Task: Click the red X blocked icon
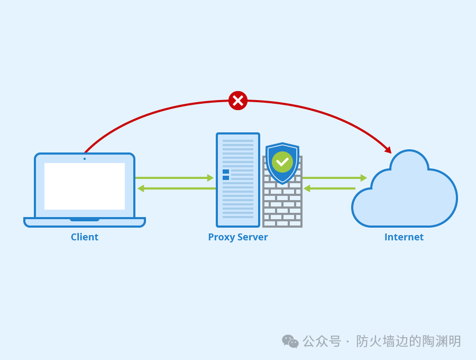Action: (x=238, y=101)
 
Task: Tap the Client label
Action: (x=85, y=237)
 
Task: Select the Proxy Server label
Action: (x=238, y=237)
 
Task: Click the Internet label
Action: (x=404, y=237)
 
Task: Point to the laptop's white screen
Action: (x=85, y=186)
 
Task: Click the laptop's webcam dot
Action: (x=85, y=158)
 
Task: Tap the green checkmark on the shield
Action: (x=282, y=161)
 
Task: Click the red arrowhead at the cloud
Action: (x=388, y=150)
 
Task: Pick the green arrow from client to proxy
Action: (x=175, y=178)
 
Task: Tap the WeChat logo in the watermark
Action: (x=290, y=341)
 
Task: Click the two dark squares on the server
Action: (x=226, y=175)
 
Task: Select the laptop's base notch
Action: (x=85, y=219)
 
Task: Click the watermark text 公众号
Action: (x=322, y=341)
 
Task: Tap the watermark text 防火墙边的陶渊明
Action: (x=408, y=341)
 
